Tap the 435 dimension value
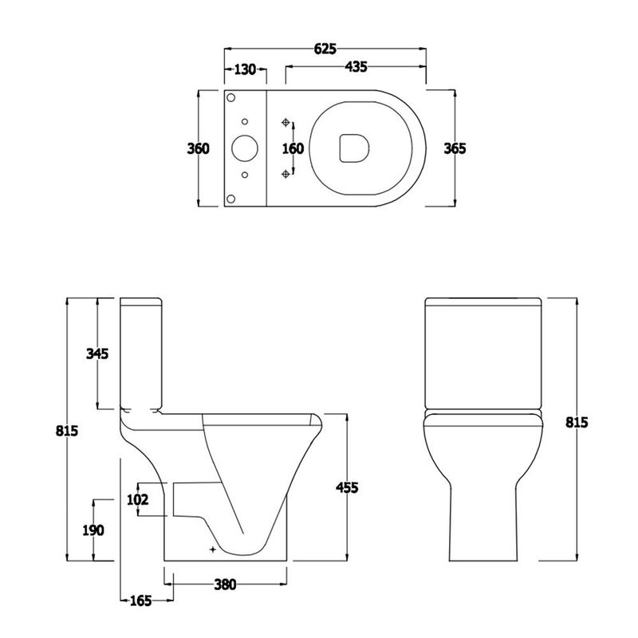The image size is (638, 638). tap(355, 69)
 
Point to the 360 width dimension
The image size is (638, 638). tap(198, 148)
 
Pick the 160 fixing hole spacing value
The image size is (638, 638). tap(293, 148)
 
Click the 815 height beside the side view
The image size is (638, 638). tap(66, 431)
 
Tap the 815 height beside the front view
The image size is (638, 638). tap(575, 422)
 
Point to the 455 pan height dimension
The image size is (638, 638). tap(348, 486)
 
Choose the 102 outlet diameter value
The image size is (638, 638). tap(138, 500)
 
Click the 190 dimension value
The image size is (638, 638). tap(95, 530)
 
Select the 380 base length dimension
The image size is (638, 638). tap(225, 585)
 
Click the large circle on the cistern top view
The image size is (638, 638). tap(242, 148)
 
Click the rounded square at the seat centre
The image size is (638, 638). tap(352, 148)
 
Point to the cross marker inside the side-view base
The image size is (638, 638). tap(212, 549)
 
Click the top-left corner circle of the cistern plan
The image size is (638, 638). tap(231, 97)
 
